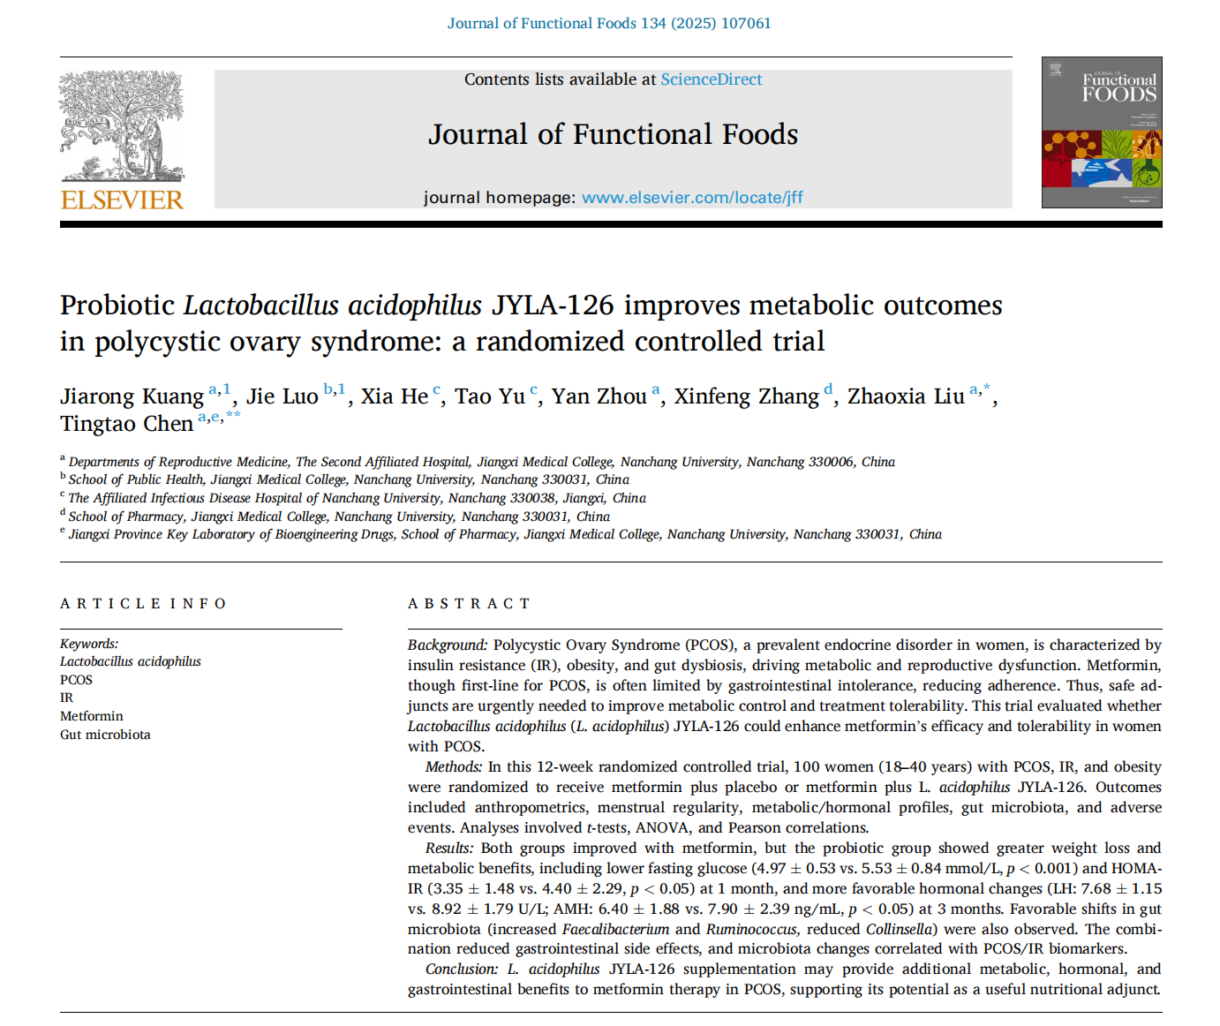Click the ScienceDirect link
coord(711,79)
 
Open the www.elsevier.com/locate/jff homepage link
coord(692,198)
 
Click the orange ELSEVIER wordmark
coord(122,200)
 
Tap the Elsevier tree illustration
coord(122,125)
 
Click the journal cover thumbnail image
coord(1101,132)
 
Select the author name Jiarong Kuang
coord(132,396)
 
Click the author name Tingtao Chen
coord(126,425)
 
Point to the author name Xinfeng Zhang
coord(747,396)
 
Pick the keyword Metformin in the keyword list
coord(92,716)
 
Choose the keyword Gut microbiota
coord(105,735)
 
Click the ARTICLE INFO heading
coord(143,604)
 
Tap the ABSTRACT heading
coord(469,604)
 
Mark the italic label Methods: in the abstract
coord(454,767)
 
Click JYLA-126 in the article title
coord(553,306)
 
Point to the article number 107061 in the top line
coord(746,23)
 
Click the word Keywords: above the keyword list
coord(89,644)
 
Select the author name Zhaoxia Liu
coord(906,396)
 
